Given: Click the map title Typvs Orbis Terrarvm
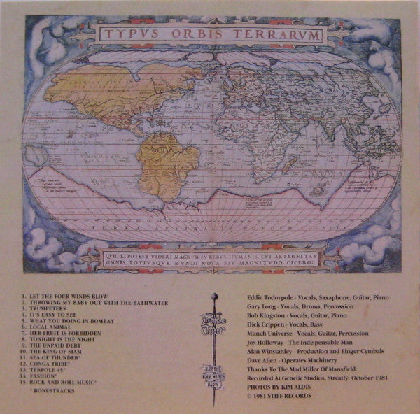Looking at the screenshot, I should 210,34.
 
